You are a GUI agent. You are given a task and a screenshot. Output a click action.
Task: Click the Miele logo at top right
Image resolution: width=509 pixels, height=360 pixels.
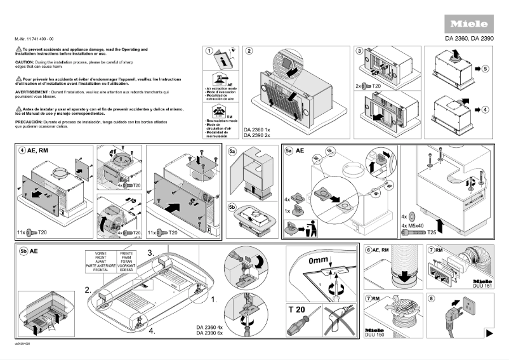click(469, 25)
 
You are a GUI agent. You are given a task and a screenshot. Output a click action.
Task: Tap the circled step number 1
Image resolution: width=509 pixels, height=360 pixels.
click(208, 51)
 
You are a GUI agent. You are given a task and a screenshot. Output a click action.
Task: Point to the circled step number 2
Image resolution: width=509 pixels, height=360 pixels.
click(249, 51)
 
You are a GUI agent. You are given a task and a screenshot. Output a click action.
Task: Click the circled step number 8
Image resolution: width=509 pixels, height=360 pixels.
click(432, 298)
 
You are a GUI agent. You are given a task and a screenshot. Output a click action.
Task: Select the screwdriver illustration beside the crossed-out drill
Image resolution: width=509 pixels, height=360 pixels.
click(302, 326)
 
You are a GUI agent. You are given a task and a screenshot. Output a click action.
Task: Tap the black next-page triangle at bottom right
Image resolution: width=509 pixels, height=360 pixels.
click(489, 333)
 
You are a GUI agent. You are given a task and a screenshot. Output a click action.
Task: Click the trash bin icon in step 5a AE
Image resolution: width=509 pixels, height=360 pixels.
click(310, 225)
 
